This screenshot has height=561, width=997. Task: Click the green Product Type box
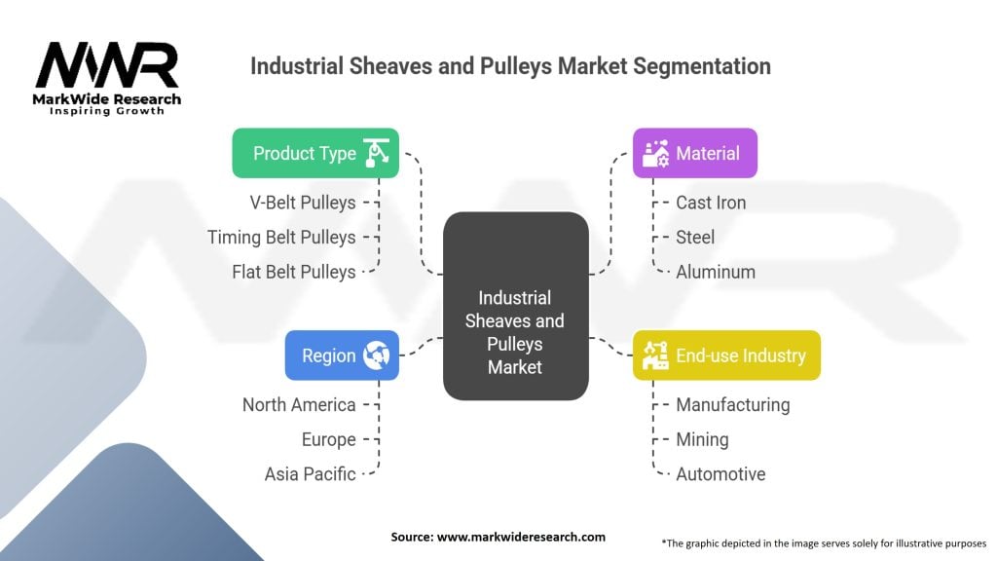pos(315,153)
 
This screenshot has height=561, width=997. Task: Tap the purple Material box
pos(695,153)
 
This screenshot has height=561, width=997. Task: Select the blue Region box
pos(341,355)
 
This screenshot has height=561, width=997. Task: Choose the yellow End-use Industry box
pos(726,355)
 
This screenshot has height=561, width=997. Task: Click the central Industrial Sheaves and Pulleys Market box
pos(515,332)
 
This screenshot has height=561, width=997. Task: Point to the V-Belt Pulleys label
pos(303,203)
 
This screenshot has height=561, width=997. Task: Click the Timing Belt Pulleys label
pos(281,237)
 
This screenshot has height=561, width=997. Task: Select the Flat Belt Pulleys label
pos(294,272)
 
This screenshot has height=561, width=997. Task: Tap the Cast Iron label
pos(711,203)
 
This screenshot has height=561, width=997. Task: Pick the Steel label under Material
pos(695,237)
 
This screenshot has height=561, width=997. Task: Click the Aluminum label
pos(716,272)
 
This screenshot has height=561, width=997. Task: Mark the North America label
pos(299,404)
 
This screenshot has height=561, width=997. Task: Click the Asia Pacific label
pos(310,474)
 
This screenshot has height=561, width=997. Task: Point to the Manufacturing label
pos(732,404)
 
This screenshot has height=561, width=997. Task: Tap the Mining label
pos(702,439)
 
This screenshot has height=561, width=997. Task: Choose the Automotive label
pos(720,474)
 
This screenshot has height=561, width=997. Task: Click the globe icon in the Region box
pos(376,355)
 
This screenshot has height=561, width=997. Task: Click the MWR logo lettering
pos(107,66)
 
